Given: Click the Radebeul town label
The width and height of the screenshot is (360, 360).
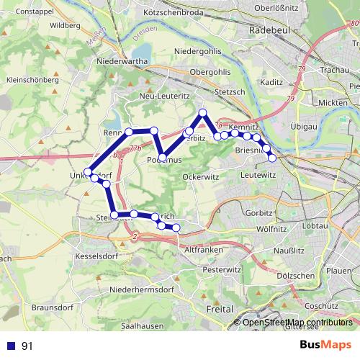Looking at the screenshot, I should pyautogui.click(x=268, y=31).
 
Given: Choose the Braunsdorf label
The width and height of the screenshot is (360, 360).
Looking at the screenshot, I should pyautogui.click(x=50, y=307).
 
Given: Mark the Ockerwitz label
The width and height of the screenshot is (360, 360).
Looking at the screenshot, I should pyautogui.click(x=200, y=176).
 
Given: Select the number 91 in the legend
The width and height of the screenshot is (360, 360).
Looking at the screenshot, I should pyautogui.click(x=27, y=346).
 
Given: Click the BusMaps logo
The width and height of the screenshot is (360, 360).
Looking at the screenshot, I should pyautogui.click(x=325, y=345).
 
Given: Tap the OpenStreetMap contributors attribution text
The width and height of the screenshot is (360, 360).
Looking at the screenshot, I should pyautogui.click(x=297, y=322).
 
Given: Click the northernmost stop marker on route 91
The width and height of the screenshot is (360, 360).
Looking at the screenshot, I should pyautogui.click(x=203, y=112).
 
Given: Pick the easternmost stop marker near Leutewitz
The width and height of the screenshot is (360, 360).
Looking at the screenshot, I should pyautogui.click(x=272, y=158).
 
